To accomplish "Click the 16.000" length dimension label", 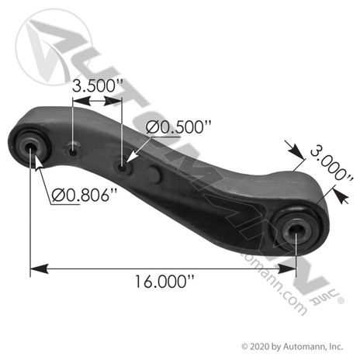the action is pyautogui.click(x=164, y=282).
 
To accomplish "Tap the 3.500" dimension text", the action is pyautogui.click(x=97, y=86).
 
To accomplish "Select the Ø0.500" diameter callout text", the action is pyautogui.click(x=178, y=127).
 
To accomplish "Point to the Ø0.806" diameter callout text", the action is pyautogui.click(x=85, y=196).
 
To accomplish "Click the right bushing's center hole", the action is pyautogui.click(x=296, y=230).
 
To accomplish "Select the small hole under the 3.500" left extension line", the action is pyautogui.click(x=73, y=153).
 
